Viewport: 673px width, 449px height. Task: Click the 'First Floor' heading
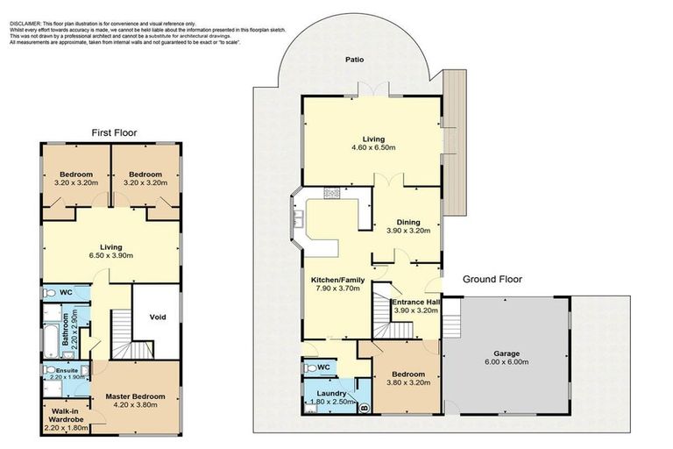[115, 132]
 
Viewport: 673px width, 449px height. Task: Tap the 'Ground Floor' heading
[492, 280]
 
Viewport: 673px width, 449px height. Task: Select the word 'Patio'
[354, 60]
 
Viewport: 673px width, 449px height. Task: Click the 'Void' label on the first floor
[159, 317]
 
